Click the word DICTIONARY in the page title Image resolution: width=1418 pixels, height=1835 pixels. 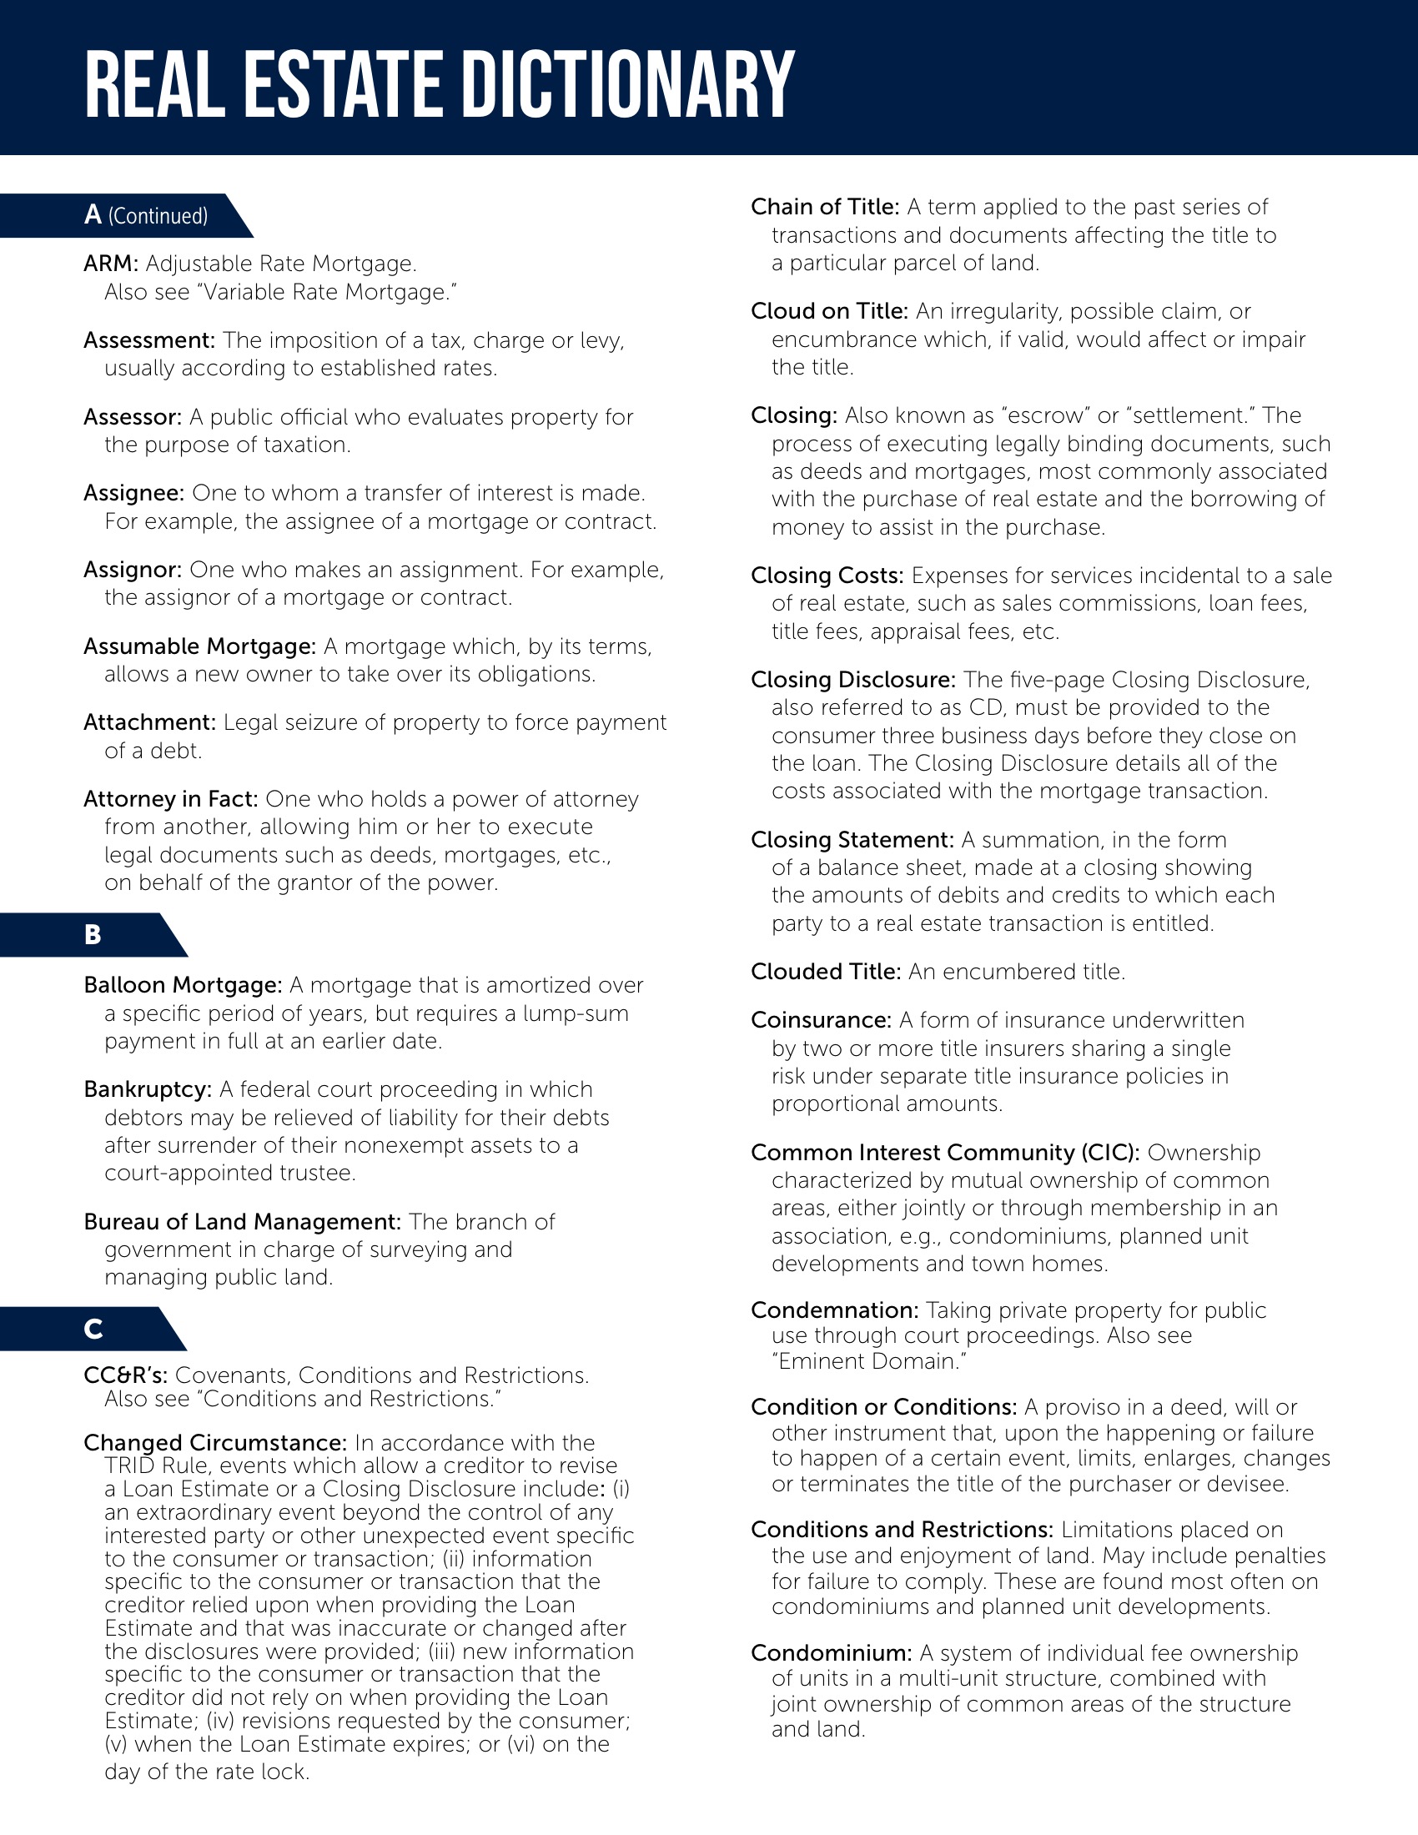(628, 84)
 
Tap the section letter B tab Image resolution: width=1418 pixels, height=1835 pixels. (93, 934)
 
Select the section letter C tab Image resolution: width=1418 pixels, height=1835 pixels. (93, 1329)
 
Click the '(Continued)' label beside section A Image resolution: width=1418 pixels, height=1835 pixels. (158, 216)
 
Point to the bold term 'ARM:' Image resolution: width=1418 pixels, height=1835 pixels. (110, 264)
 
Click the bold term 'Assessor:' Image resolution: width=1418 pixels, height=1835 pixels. (132, 417)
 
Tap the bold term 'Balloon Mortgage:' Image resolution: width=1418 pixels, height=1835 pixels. (183, 985)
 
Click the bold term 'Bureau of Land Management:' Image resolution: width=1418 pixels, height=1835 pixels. (242, 1222)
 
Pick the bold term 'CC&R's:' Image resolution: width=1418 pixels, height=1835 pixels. (125, 1375)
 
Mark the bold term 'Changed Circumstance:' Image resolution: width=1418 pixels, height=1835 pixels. (214, 1443)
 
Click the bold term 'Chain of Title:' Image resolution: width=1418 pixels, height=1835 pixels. (824, 207)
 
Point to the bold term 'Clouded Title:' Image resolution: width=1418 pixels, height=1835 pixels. (825, 971)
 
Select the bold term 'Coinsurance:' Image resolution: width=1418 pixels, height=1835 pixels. (820, 1020)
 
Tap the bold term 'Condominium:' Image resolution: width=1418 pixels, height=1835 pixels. (830, 1652)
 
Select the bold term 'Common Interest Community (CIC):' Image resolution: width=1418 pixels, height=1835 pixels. (944, 1152)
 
